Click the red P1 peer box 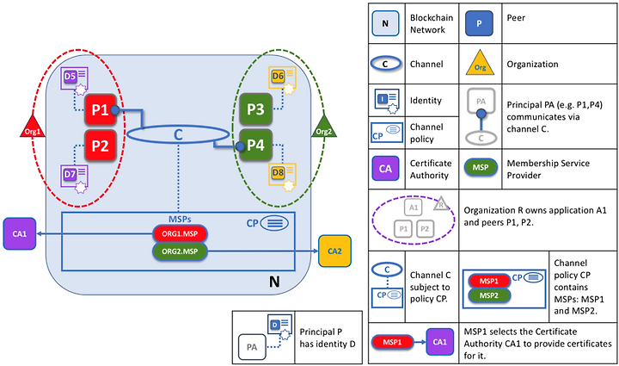pyautogui.click(x=101, y=109)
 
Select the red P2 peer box pyautogui.click(x=101, y=146)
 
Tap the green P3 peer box pyautogui.click(x=256, y=109)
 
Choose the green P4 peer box pyautogui.click(x=256, y=145)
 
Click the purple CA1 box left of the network pyautogui.click(x=19, y=233)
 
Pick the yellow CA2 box pyautogui.click(x=334, y=251)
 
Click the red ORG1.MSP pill pyautogui.click(x=180, y=233)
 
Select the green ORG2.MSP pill pyautogui.click(x=180, y=251)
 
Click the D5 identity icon pyautogui.click(x=75, y=80)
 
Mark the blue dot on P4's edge pyautogui.click(x=240, y=146)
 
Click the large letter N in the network pyautogui.click(x=274, y=282)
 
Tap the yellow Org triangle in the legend pyautogui.click(x=480, y=63)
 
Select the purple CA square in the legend pyautogui.click(x=385, y=169)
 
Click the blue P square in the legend pyautogui.click(x=479, y=23)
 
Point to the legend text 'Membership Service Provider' pyautogui.click(x=549, y=169)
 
